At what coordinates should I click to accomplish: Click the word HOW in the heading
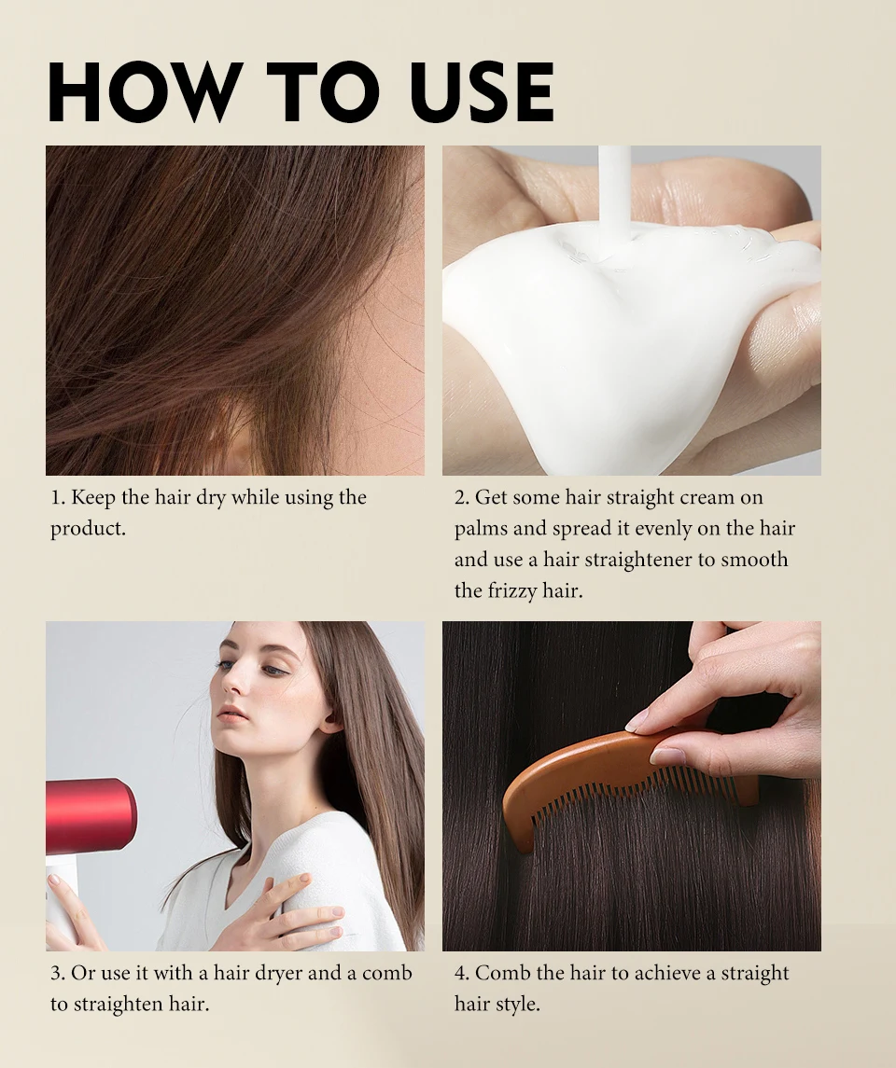pyautogui.click(x=142, y=92)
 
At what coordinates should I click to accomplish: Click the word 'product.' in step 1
pyautogui.click(x=89, y=529)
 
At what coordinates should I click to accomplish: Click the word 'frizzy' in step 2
pyautogui.click(x=511, y=591)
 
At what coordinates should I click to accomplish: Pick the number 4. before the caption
pyautogui.click(x=461, y=973)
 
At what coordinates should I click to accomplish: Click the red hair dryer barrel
pyautogui.click(x=91, y=815)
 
